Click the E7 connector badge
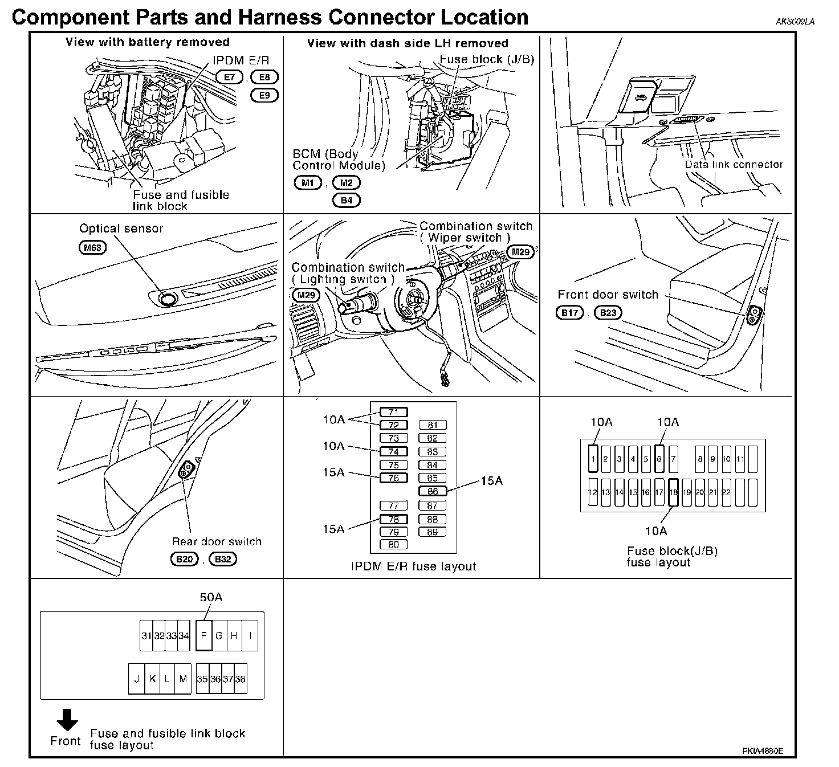[x=229, y=77]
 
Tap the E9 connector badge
[x=264, y=95]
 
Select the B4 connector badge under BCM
[x=347, y=201]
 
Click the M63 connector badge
[x=92, y=248]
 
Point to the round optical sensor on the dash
[x=168, y=298]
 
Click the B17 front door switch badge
[x=569, y=313]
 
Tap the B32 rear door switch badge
[x=223, y=559]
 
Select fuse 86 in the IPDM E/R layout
[x=433, y=491]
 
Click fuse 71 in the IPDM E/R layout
[x=394, y=412]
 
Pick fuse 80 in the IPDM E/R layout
[x=394, y=545]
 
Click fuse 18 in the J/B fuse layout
[x=673, y=492]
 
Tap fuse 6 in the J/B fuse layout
[x=659, y=459]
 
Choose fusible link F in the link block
[x=204, y=635]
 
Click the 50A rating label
[x=210, y=597]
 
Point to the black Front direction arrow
[x=67, y=720]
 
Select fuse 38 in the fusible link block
[x=241, y=679]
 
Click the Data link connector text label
[x=734, y=165]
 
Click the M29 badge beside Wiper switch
[x=520, y=252]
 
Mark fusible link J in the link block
[x=137, y=679]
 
